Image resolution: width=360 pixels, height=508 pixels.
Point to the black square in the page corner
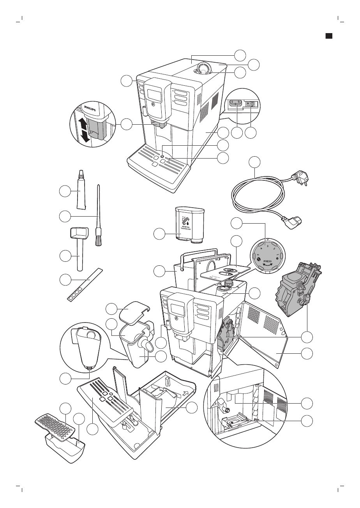329,35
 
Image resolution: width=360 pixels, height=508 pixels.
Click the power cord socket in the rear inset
236,104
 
